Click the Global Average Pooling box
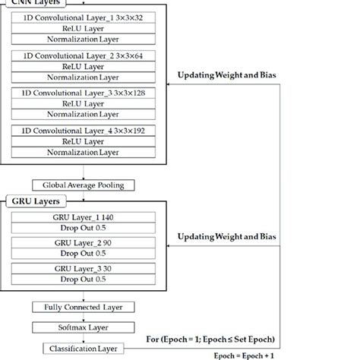[x=84, y=185]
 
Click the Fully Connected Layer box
[x=84, y=307]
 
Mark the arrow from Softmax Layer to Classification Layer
[x=84, y=337]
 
